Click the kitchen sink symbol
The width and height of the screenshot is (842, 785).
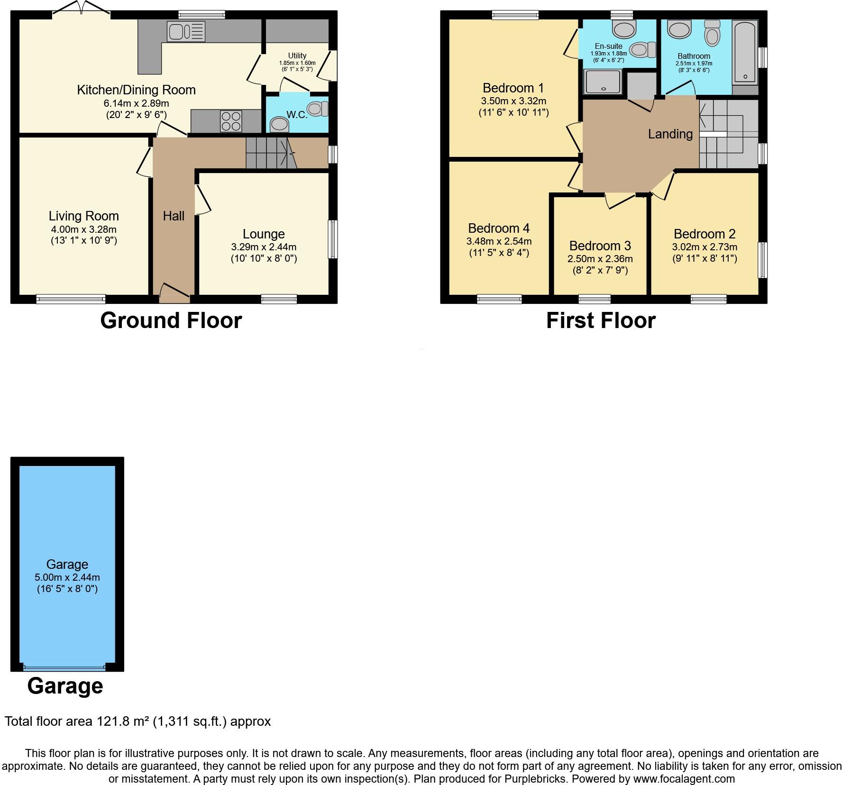pos(185,32)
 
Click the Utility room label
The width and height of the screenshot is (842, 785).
pos(297,55)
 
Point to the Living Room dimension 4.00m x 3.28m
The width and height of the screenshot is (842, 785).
pos(84,229)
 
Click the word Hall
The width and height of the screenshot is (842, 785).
pos(174,216)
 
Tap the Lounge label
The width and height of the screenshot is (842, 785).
pos(264,234)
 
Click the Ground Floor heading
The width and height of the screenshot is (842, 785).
pos(171,320)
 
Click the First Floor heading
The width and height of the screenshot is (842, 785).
pos(601,320)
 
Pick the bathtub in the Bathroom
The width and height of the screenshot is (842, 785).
pos(745,52)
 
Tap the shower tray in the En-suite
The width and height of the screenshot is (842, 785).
pos(603,81)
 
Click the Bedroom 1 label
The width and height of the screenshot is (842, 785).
pos(513,88)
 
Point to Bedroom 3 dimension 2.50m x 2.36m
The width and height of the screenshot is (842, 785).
pos(600,259)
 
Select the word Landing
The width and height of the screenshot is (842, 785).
pos(670,134)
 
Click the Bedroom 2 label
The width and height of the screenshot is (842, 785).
pos(705,234)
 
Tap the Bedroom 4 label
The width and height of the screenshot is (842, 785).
pos(499,228)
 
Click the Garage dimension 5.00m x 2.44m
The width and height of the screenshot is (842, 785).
pos(67,577)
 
